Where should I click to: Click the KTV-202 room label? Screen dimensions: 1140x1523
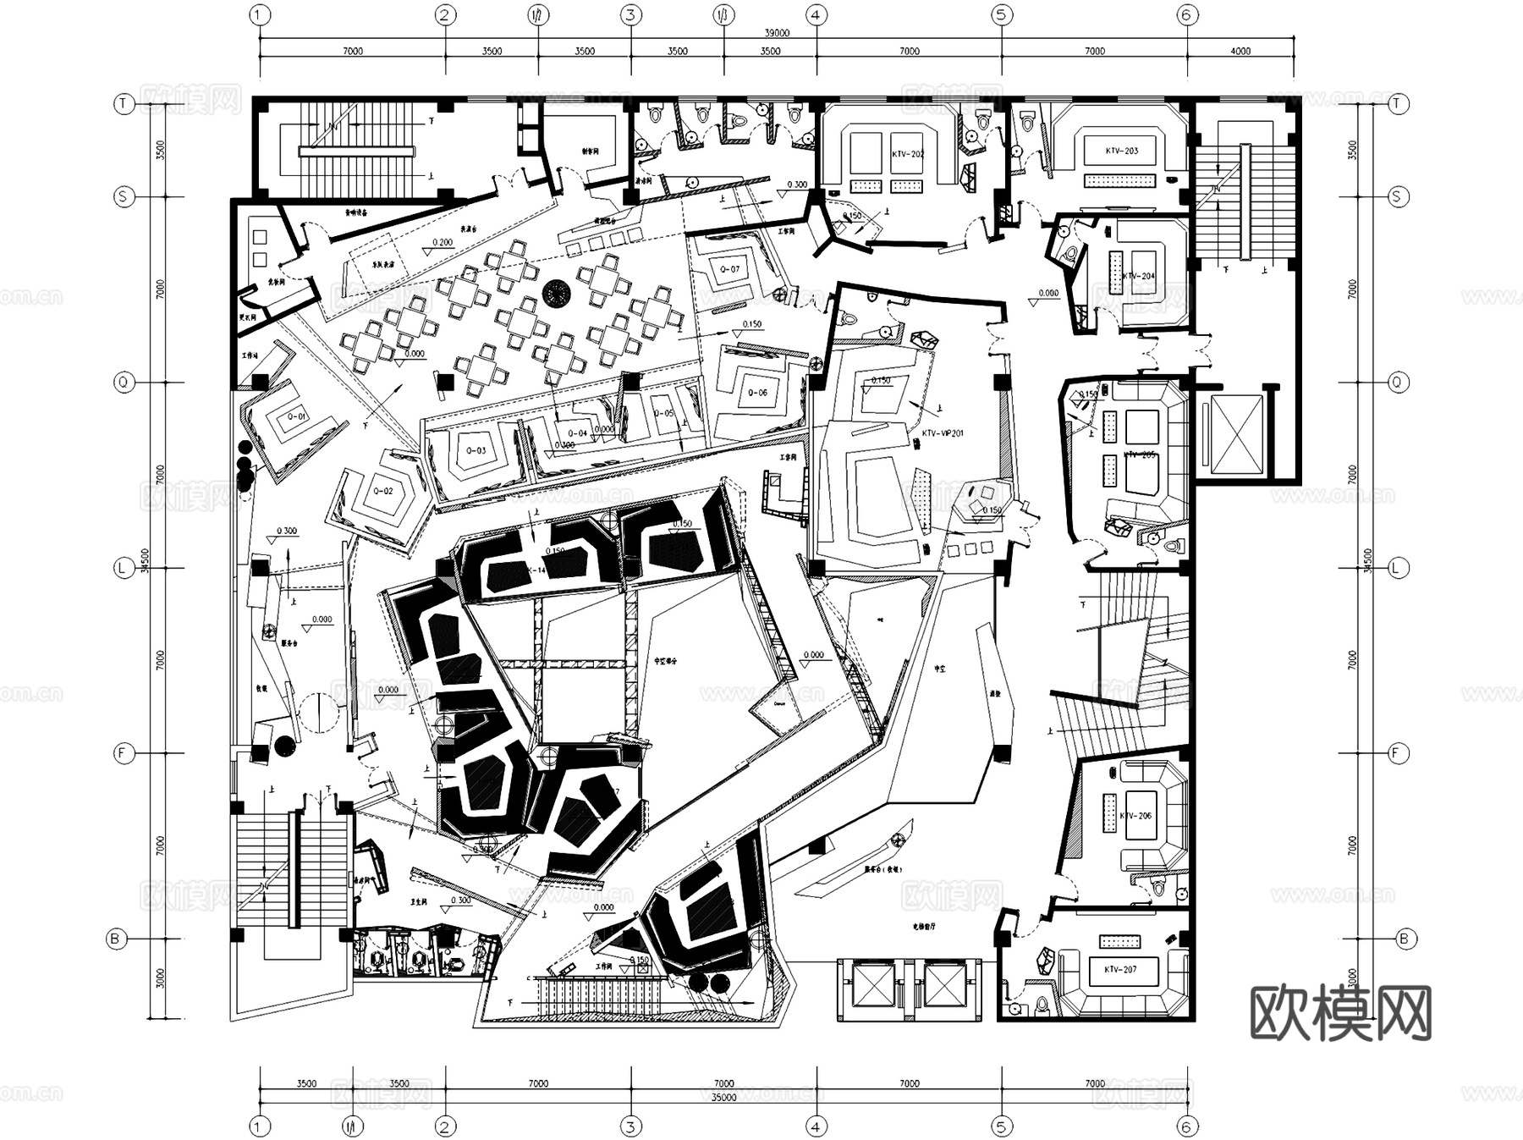point(907,155)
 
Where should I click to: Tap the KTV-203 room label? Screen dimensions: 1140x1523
point(1121,151)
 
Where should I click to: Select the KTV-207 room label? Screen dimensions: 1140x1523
point(1120,969)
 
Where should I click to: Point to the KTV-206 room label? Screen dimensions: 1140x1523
point(1135,816)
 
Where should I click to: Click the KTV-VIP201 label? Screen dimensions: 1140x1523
point(943,433)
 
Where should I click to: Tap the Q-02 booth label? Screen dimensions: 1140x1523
point(383,491)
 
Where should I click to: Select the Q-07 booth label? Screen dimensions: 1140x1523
point(729,269)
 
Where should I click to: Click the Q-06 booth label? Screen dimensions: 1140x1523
point(757,393)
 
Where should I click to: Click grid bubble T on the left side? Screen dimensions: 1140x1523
point(124,104)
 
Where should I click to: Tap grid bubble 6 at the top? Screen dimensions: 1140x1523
point(1187,14)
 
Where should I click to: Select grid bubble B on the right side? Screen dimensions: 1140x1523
point(1405,939)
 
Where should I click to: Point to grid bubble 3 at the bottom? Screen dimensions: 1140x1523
point(630,1126)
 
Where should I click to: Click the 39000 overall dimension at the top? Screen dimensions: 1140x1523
point(776,33)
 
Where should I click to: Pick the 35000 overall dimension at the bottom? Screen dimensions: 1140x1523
point(723,1098)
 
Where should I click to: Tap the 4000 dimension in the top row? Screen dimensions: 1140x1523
point(1240,51)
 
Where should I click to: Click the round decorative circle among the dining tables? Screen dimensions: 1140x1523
point(558,295)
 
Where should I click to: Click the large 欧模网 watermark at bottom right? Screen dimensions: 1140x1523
point(1340,1012)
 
